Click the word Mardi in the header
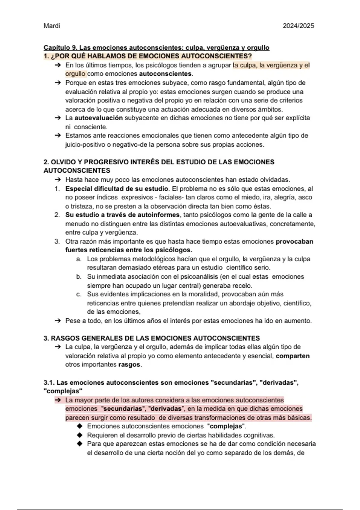[52, 26]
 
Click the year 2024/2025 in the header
[298, 26]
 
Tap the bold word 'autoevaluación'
[98, 118]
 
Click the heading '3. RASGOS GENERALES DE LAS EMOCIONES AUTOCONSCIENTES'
[151, 338]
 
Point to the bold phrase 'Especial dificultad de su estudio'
[116, 189]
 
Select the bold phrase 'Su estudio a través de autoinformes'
[122, 215]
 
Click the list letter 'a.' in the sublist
[79, 259]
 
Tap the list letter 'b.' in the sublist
[79, 277]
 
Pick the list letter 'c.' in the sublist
[79, 294]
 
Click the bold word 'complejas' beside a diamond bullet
[226, 426]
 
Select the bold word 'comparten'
[292, 356]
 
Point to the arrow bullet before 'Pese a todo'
[58, 321]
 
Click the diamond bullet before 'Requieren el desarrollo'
[79, 435]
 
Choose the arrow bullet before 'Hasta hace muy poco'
[58, 180]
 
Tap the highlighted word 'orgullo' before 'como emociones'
[75, 74]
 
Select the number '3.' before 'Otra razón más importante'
[57, 241]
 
